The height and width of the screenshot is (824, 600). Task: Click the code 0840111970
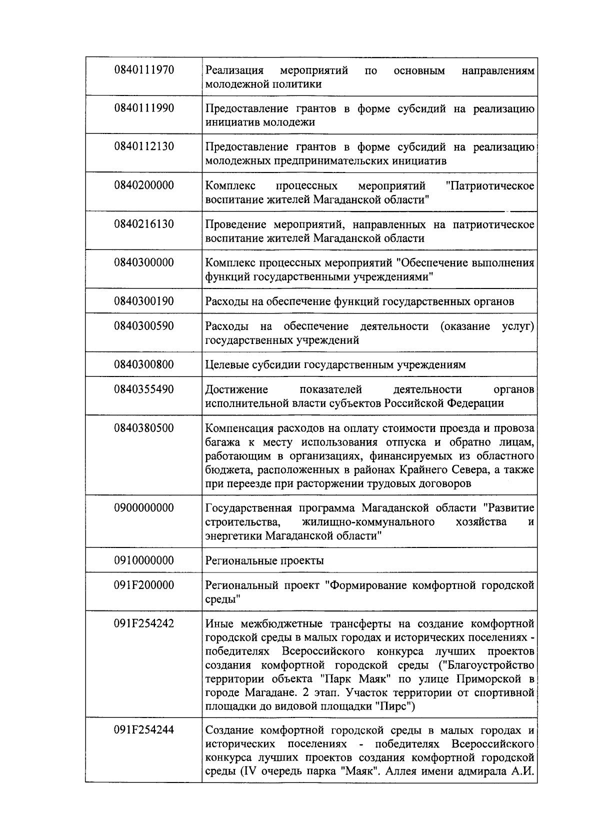click(x=144, y=70)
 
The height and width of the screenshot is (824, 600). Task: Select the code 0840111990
click(x=144, y=108)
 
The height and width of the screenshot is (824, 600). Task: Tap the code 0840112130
click(x=144, y=147)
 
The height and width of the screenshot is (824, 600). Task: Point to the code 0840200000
click(x=144, y=185)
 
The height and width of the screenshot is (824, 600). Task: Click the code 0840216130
click(x=144, y=224)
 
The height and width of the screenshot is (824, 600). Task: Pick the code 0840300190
click(x=144, y=301)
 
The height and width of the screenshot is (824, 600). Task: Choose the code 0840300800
click(x=144, y=364)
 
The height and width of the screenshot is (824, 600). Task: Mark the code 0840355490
click(x=144, y=389)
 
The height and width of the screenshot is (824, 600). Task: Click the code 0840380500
click(x=144, y=428)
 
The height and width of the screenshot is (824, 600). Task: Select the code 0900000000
click(x=144, y=508)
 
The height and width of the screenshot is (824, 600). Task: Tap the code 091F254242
click(x=144, y=623)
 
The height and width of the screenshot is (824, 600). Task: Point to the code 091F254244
click(x=144, y=730)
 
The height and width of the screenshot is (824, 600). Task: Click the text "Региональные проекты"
click(x=264, y=560)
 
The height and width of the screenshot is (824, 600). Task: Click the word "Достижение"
click(x=236, y=389)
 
